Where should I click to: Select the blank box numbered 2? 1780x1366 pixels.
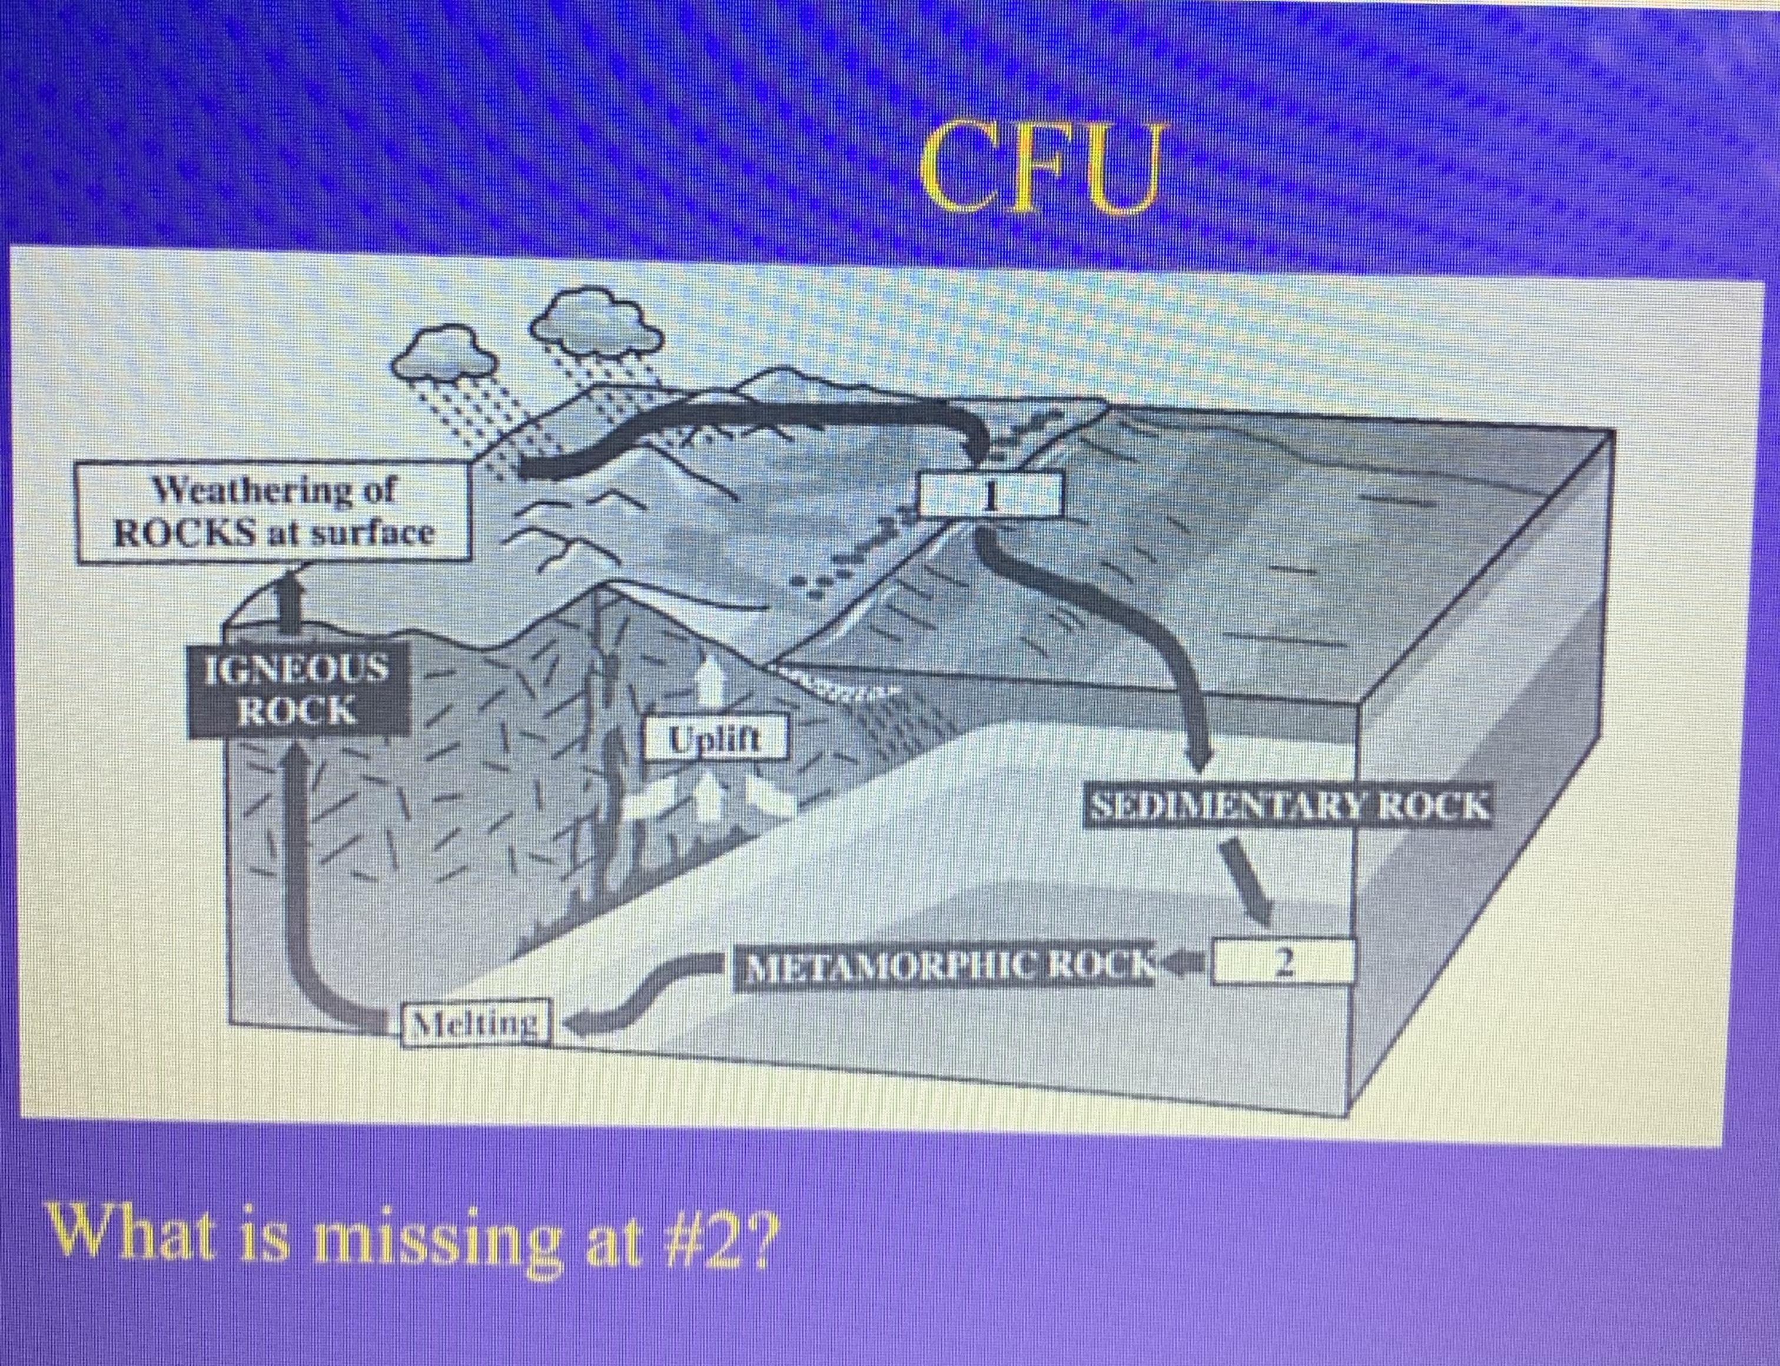click(1283, 962)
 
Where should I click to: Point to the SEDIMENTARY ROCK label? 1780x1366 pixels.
click(1289, 807)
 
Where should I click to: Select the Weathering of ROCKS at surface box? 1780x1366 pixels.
click(274, 512)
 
